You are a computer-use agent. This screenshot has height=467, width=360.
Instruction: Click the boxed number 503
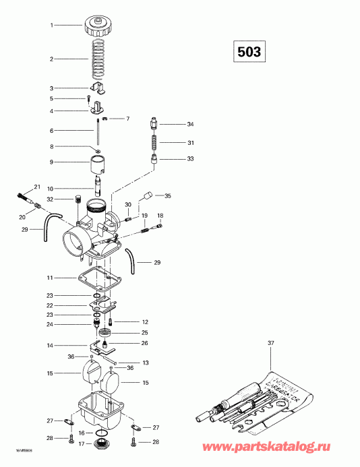pos(247,51)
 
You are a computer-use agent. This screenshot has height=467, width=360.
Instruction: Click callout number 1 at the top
pos(51,25)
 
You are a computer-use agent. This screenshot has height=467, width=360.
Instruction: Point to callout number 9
pos(51,162)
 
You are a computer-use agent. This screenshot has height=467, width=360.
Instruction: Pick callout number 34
pos(190,125)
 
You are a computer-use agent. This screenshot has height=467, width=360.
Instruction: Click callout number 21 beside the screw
pos(37,186)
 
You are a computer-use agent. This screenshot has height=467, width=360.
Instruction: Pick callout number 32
pos(50,199)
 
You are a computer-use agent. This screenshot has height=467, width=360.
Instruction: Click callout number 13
pos(145,363)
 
